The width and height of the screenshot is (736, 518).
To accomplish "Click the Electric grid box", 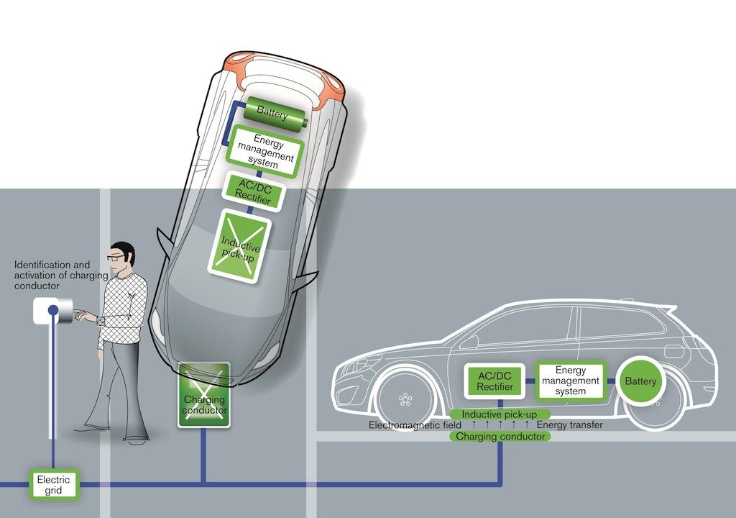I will [x=52, y=484].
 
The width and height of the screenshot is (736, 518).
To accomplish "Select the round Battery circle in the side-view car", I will [x=640, y=381].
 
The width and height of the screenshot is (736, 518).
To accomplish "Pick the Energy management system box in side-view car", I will [x=570, y=381].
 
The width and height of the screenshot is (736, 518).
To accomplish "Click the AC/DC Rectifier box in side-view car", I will [x=495, y=381].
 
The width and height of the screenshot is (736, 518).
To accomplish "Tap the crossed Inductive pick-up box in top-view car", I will [x=239, y=245].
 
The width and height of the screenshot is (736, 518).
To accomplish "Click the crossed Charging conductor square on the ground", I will [x=204, y=395].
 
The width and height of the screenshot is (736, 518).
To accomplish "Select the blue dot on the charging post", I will [x=53, y=311].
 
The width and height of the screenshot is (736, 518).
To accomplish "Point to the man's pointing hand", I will [x=84, y=314].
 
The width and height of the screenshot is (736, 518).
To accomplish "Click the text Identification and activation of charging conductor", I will [x=50, y=276].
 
